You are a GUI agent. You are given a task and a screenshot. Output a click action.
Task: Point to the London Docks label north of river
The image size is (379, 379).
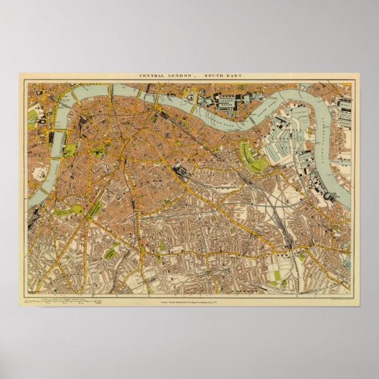(x=227, y=101)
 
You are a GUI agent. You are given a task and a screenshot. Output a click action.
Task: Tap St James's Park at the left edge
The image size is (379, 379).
(x=32, y=118)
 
